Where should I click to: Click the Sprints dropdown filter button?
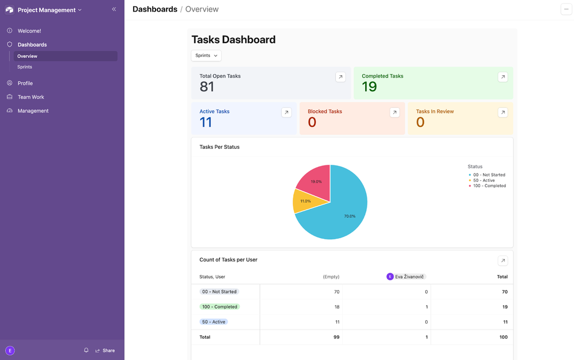pos(206,56)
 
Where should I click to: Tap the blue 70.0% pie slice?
pos(344,212)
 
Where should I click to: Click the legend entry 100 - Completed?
pos(489,186)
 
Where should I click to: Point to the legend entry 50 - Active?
pos(483,180)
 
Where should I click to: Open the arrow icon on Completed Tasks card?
pos(503,77)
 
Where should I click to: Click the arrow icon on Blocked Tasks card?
pos(394,113)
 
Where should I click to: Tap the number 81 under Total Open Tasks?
pos(207,87)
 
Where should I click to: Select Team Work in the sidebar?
pos(31,97)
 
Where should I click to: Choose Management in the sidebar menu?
pos(33,111)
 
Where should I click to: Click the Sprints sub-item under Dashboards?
pos(25,67)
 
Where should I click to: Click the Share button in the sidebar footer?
pos(106,350)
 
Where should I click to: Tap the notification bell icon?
pos(86,350)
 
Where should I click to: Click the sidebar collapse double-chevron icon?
pos(114,9)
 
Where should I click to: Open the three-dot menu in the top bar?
pos(566,9)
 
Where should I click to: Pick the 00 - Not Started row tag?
pos(219,292)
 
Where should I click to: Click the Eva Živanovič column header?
pos(406,277)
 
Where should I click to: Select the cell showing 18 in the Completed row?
pos(336,307)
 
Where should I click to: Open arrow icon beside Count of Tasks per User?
pos(503,261)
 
